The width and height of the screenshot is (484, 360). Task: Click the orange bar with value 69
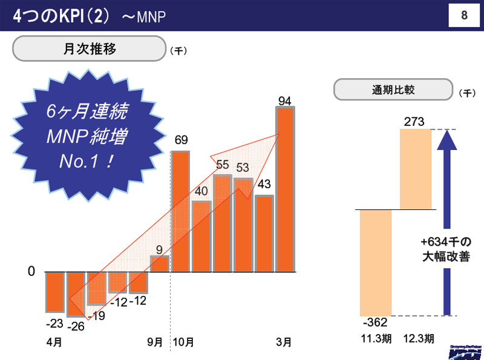click(180, 211)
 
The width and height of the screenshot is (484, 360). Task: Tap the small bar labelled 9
click(159, 264)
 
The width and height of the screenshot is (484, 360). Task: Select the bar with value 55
click(222, 223)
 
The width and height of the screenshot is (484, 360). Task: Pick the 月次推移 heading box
click(89, 49)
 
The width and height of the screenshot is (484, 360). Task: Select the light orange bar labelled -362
click(376, 262)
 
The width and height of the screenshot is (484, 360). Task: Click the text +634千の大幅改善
click(446, 247)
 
